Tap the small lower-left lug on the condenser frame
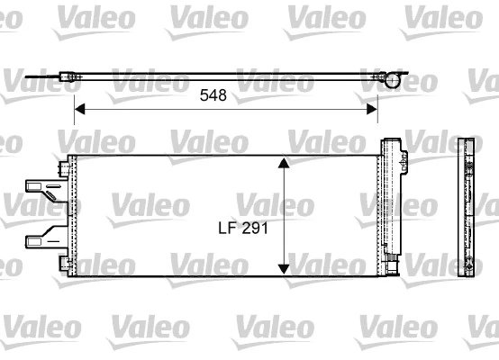pyautogui.click(x=65, y=263)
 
